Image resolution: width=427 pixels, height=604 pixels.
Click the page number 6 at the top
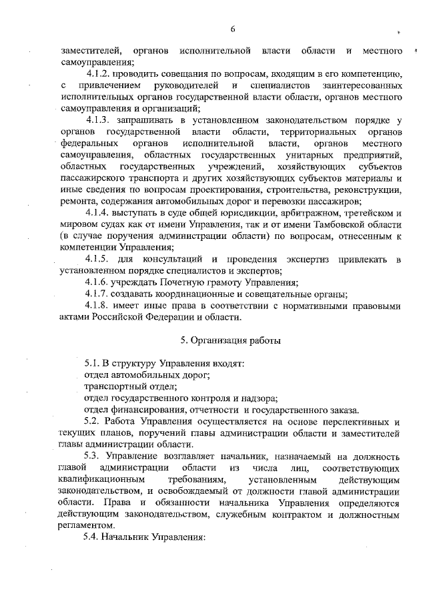(233, 29)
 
